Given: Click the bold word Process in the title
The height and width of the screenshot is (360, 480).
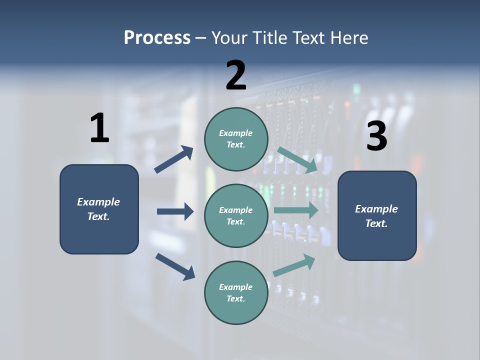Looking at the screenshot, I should (x=157, y=37).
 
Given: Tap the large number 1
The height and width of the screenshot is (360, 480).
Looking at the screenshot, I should (x=99, y=128).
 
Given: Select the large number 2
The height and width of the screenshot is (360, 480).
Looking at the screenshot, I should (x=236, y=75).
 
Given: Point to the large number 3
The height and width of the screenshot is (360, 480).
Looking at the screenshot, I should (x=376, y=136).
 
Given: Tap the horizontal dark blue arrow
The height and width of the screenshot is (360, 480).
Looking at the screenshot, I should (x=175, y=211).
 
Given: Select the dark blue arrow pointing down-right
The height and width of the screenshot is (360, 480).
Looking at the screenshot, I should (x=175, y=266).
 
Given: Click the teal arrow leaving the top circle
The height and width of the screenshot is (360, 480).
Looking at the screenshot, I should (x=297, y=160).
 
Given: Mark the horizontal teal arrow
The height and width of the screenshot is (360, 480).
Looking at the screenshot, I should (x=296, y=210).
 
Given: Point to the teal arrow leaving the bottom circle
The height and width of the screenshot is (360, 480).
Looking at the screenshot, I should (x=294, y=265).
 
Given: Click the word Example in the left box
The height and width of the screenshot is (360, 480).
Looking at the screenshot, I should (x=98, y=202).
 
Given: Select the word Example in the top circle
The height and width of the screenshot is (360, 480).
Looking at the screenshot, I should (x=235, y=133).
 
